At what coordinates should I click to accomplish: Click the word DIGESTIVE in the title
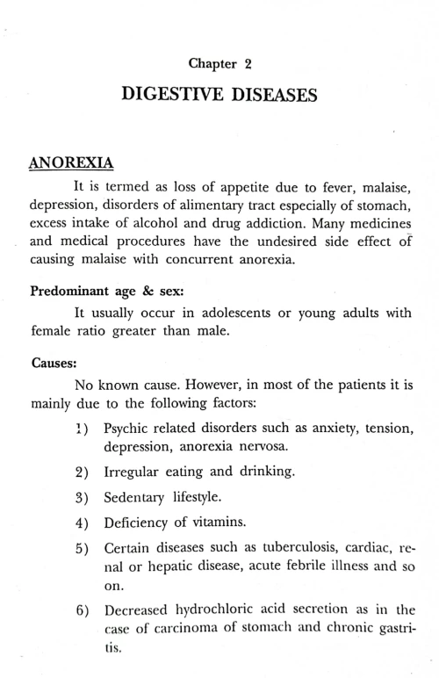tap(176, 97)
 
